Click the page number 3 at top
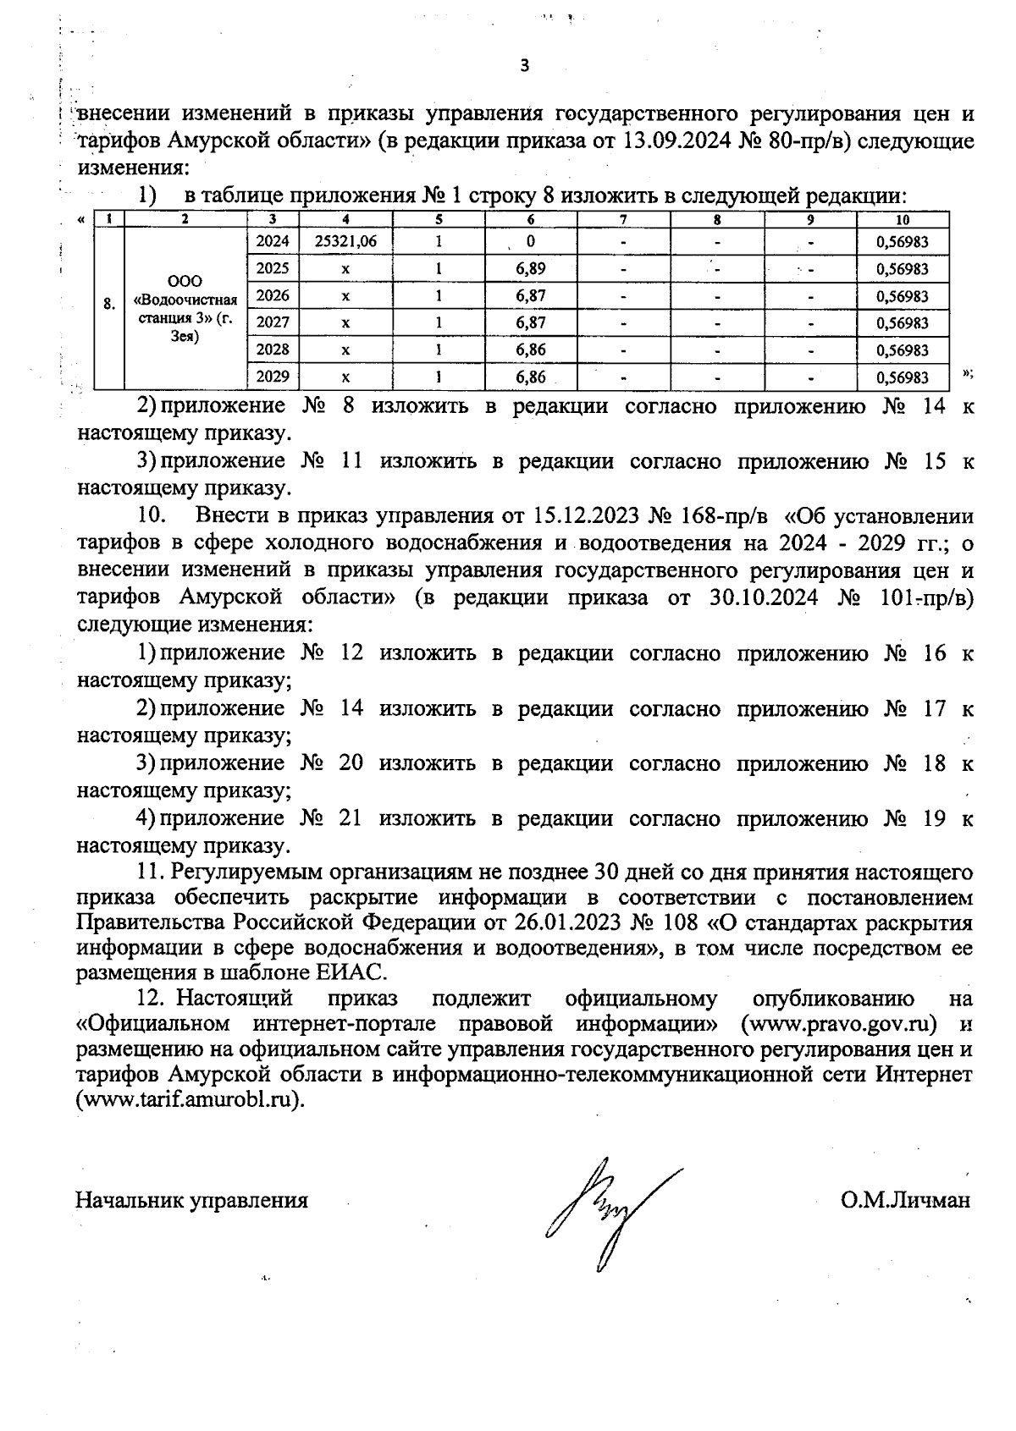pos(524,66)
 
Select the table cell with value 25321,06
pos(345,241)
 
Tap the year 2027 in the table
pos(272,322)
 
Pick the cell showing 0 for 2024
pos(530,241)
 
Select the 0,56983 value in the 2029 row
pos(903,377)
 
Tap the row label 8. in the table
pos(108,304)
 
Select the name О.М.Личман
pos(905,1200)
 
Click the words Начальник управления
pos(192,1200)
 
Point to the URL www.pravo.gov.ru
pos(838,1023)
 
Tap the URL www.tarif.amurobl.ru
pos(189,1100)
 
